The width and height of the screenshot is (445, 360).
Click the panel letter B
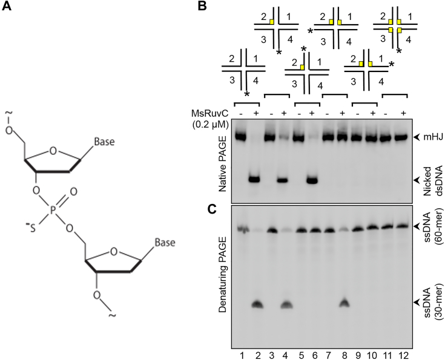(x=202, y=8)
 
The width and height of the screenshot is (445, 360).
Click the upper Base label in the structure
(x=104, y=143)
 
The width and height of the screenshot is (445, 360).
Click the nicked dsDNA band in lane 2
(x=254, y=179)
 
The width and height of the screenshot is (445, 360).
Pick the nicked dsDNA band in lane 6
(x=313, y=180)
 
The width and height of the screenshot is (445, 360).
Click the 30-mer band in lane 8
(x=344, y=303)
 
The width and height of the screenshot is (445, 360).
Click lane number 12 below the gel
(x=402, y=350)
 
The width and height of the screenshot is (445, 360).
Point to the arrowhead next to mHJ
(x=416, y=137)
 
